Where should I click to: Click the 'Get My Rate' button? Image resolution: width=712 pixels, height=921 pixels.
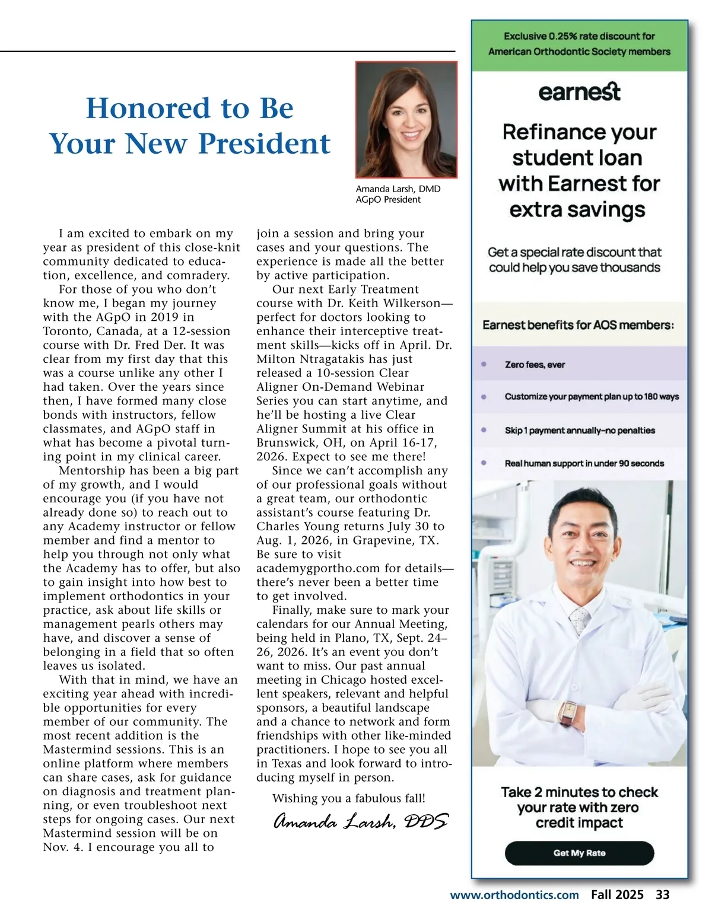579,853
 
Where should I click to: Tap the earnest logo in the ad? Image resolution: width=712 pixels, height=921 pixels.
579,92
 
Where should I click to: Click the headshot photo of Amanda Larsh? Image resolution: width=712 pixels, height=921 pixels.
406,119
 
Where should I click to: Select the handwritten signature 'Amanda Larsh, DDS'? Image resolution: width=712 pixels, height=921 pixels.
361,821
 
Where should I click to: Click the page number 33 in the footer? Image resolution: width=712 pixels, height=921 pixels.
662,895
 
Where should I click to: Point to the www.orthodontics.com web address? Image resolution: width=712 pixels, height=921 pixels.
514,895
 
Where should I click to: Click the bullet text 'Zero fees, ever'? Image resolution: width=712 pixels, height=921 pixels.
535,365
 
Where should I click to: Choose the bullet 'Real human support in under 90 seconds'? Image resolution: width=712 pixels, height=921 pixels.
584,463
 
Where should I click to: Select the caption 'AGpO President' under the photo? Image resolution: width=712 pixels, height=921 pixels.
388,200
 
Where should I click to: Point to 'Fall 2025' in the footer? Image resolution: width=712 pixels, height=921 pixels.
617,895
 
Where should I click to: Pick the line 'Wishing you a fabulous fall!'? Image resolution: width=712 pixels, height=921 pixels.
349,798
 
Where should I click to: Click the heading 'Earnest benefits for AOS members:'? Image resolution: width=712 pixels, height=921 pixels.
578,325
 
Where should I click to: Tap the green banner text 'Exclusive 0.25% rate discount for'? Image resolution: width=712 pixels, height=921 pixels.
579,36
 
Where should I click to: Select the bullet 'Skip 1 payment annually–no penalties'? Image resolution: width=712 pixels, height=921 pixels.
580,431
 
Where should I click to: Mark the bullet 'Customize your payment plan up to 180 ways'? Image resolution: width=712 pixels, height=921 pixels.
592,397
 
